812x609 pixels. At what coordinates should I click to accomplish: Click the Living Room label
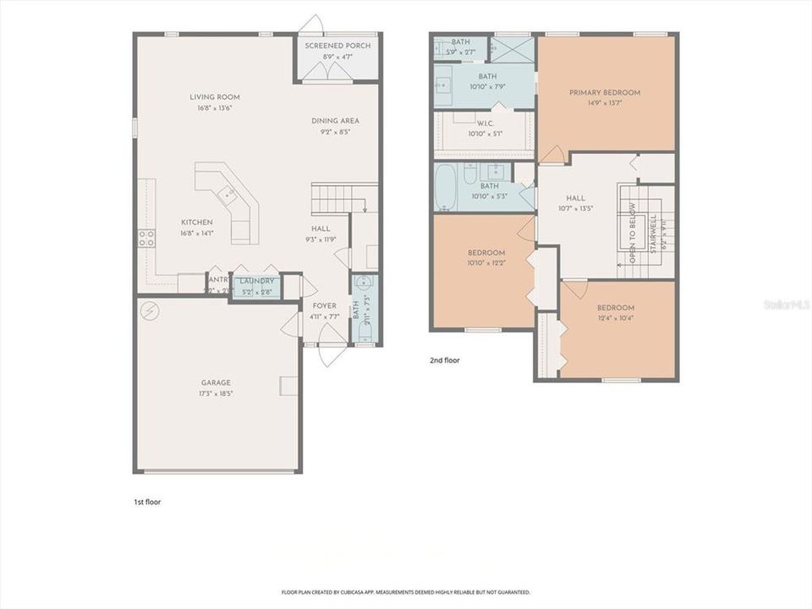211,97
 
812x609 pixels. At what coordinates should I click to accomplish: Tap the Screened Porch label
337,46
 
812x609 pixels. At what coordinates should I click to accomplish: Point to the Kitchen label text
196,222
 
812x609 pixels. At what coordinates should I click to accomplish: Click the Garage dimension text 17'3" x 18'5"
216,393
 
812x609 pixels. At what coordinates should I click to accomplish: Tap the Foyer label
325,306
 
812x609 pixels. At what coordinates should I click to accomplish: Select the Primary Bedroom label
604,92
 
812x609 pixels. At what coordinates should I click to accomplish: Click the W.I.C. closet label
485,123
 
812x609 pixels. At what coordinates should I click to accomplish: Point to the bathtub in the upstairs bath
447,188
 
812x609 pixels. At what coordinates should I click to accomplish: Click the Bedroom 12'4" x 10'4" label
616,308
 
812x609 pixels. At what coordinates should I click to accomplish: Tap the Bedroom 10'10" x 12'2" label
486,253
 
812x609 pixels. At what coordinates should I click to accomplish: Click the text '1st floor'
146,502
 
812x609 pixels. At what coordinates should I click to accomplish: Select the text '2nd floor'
445,359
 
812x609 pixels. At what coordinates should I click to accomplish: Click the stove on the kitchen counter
145,238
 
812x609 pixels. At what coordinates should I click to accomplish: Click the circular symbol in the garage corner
149,310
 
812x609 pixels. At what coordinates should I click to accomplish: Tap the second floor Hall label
575,199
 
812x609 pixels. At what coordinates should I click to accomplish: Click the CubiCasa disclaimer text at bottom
405,592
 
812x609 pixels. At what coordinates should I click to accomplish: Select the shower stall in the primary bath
514,49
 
